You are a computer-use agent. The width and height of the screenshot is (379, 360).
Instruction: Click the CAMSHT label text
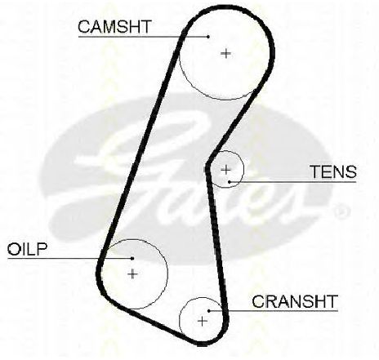tap(114, 26)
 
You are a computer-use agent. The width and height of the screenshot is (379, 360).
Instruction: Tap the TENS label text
tap(333, 171)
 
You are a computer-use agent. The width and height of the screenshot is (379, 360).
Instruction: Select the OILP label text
tap(27, 249)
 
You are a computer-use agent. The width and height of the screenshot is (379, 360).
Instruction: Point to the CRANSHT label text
tap(295, 301)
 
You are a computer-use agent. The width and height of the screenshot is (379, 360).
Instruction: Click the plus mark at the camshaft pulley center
tap(226, 53)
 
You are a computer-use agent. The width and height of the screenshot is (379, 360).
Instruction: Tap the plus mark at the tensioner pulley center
tap(225, 170)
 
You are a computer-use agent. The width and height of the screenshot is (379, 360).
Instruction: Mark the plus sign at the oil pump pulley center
tap(132, 273)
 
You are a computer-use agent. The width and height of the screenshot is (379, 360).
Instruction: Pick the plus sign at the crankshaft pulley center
tap(203, 322)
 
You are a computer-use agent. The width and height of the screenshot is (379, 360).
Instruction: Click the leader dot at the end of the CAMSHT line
tap(208, 37)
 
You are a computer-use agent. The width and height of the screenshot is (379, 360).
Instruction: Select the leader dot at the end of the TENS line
tap(230, 182)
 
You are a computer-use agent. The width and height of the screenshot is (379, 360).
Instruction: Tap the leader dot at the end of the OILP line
tap(132, 258)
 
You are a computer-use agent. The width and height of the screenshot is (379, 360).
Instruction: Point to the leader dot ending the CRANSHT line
tap(209, 311)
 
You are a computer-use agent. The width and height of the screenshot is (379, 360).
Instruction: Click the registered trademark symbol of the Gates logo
tap(342, 211)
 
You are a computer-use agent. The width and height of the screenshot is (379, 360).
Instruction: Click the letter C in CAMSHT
tap(84, 27)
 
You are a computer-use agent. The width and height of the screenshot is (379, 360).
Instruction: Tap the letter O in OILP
tap(14, 249)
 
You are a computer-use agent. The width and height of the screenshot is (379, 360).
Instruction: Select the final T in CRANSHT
tap(332, 301)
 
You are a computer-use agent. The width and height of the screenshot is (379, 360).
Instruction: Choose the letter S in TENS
tap(350, 171)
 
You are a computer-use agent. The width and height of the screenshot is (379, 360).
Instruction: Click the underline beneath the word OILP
tap(70, 258)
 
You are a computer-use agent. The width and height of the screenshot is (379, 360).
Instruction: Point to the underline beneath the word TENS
tap(293, 181)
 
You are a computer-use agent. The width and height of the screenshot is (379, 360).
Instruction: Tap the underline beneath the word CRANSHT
tap(274, 311)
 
